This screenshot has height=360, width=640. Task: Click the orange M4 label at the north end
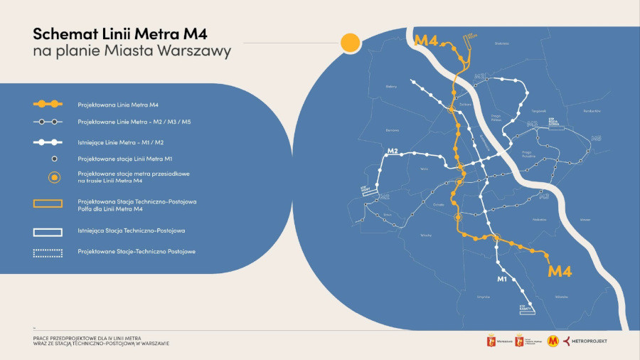coord(425,41)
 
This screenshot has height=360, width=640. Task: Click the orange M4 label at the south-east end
coord(560,270)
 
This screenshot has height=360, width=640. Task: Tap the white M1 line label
coord(501,278)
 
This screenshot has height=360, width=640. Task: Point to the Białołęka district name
coord(502,43)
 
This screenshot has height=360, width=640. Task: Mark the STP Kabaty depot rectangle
coord(526,308)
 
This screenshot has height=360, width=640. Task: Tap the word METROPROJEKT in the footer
coord(590,341)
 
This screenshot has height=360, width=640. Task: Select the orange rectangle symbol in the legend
coord(48,203)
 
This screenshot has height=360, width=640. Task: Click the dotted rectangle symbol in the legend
coord(48,252)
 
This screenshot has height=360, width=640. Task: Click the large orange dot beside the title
coord(349,43)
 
